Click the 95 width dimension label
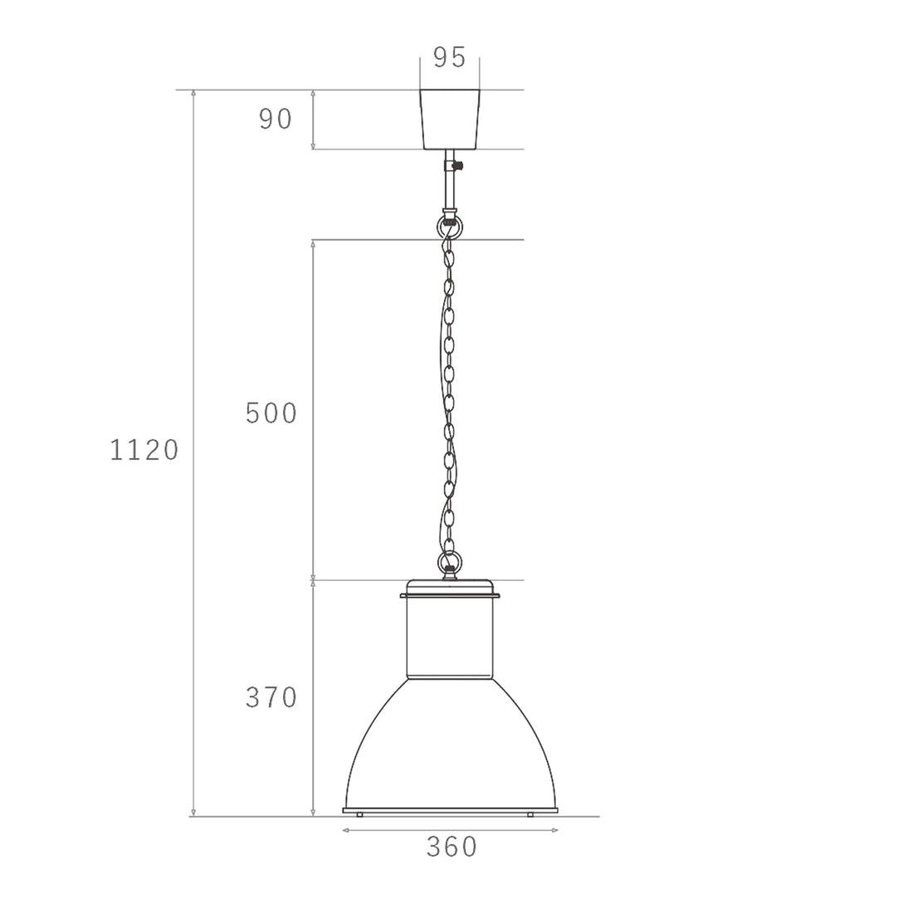449,57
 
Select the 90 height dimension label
276,120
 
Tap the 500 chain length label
271,413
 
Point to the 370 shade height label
271,698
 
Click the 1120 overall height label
144,450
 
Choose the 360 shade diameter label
452,847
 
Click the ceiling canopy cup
450,120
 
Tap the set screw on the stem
456,166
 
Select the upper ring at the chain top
447,225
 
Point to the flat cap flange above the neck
450,594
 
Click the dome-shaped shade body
450,747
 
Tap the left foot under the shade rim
359,815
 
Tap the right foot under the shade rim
530,815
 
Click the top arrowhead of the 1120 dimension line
193,93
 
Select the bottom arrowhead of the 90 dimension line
313,146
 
